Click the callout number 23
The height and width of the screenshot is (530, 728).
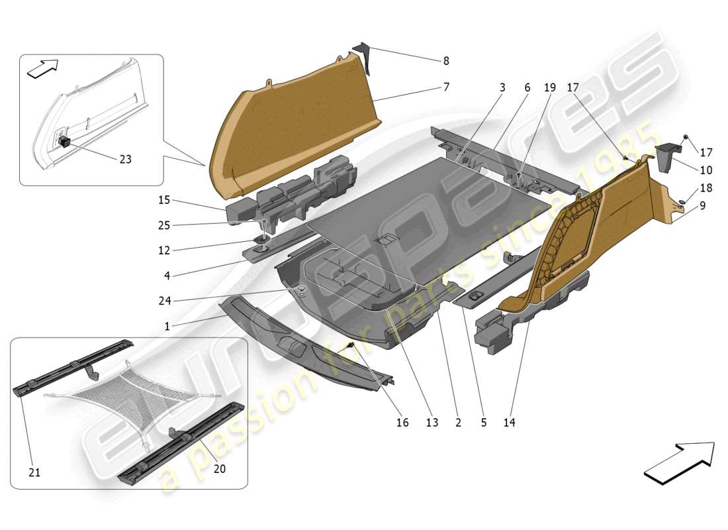point(125,159)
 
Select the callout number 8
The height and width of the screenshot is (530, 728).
point(446,61)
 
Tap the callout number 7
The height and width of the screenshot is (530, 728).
point(446,87)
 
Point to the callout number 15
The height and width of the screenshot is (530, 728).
point(163,199)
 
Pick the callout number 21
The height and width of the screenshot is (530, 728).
point(34,472)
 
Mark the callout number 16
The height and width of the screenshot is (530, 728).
point(402,423)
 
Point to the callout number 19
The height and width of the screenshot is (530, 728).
point(550,87)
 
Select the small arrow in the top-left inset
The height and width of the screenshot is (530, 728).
point(42,68)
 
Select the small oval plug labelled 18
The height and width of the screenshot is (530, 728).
point(681,200)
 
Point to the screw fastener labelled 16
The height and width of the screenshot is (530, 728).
point(351,346)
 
